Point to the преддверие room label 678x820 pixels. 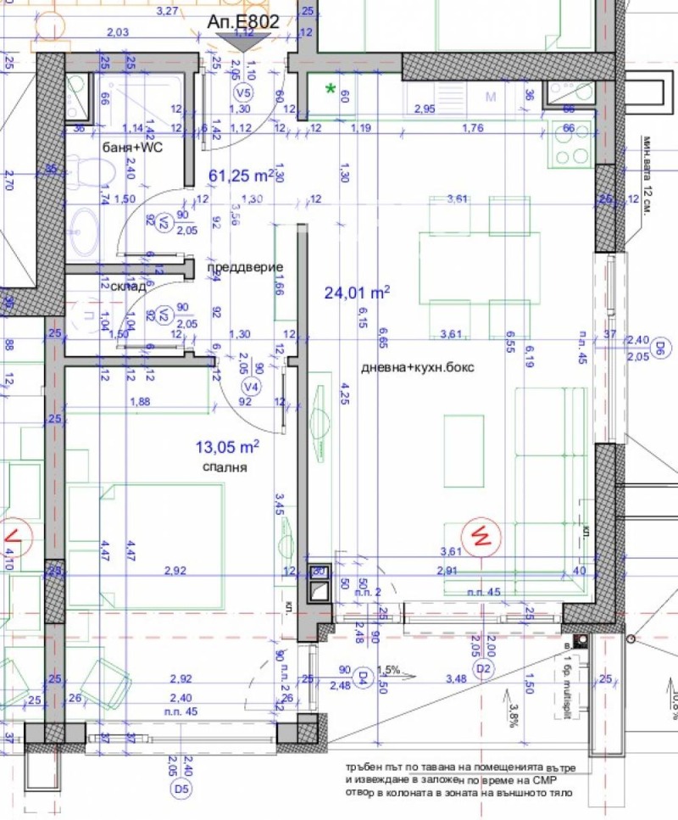245,267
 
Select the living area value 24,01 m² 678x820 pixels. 357,293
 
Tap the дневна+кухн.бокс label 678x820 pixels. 418,368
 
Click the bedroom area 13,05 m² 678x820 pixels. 226,446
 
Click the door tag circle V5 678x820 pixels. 244,92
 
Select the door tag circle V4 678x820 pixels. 250,387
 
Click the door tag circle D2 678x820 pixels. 484,670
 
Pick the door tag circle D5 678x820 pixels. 180,789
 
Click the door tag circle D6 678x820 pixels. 659,346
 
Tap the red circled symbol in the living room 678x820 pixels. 480,535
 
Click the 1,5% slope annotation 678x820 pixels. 387,668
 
